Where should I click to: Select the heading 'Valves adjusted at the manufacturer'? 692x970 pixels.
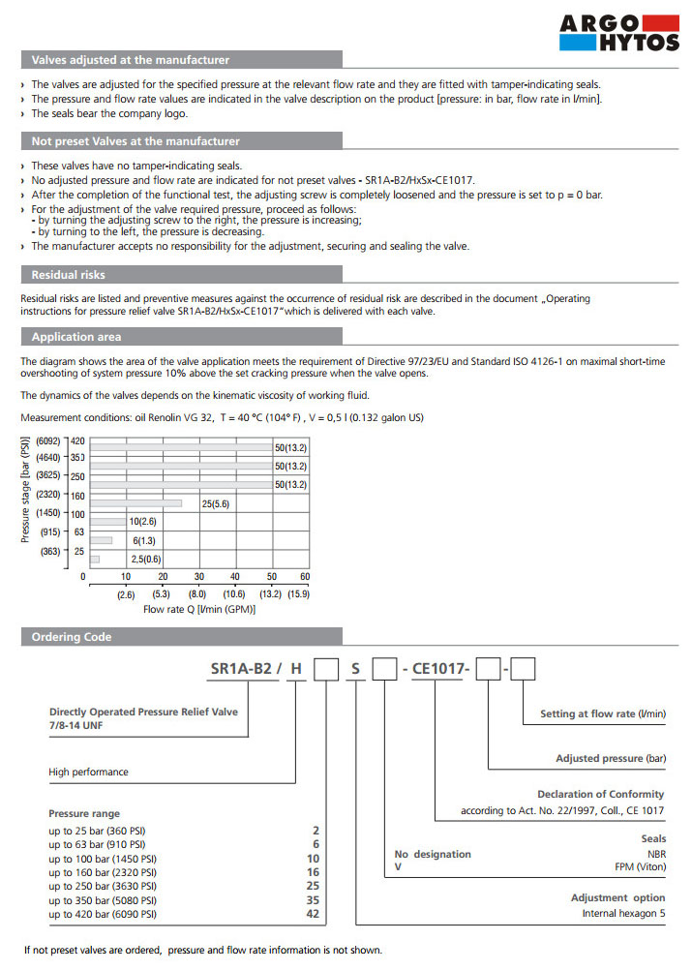(x=131, y=60)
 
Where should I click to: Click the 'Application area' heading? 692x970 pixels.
(x=76, y=338)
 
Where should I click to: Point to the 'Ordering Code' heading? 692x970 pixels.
(x=72, y=637)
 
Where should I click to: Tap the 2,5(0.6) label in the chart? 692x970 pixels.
(x=146, y=559)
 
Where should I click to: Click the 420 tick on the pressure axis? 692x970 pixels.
(x=77, y=441)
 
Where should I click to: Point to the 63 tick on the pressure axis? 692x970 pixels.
(x=78, y=531)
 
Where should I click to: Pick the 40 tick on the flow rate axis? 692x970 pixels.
(x=235, y=577)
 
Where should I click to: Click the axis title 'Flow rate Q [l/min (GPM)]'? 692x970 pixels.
(x=199, y=610)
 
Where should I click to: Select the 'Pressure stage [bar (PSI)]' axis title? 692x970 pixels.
(x=26, y=490)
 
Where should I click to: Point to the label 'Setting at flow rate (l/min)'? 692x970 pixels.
(x=603, y=713)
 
